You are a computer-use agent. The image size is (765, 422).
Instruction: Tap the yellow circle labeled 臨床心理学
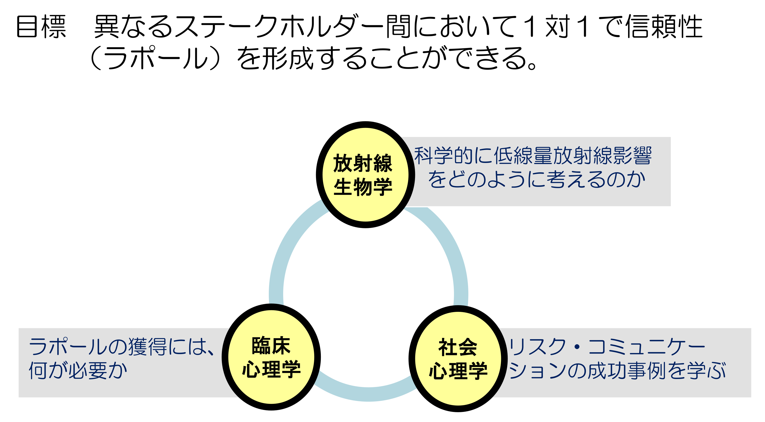(x=271, y=357)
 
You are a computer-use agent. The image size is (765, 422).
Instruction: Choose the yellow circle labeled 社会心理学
(x=458, y=359)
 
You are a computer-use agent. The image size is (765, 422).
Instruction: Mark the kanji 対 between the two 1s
(x=557, y=27)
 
